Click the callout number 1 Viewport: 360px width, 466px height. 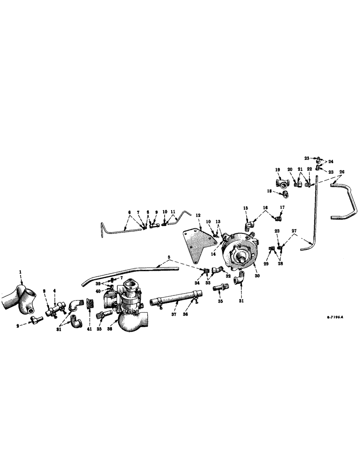point(20,271)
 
